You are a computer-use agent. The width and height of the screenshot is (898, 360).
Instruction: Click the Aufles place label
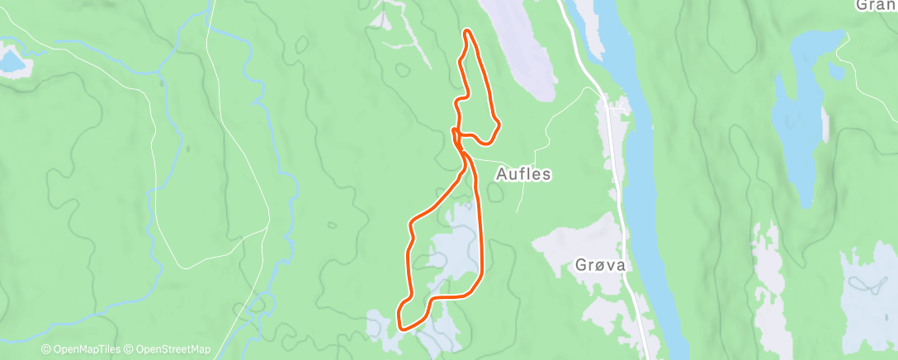click(x=522, y=175)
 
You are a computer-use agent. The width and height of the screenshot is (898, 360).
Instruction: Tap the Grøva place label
click(x=601, y=266)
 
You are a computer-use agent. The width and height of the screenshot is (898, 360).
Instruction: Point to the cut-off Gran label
click(x=877, y=6)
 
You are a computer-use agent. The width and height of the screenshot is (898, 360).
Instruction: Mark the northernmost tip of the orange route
click(x=468, y=31)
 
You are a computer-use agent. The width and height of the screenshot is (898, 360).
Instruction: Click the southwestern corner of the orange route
click(x=401, y=324)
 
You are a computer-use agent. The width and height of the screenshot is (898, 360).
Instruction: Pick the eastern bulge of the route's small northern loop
click(x=497, y=126)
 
